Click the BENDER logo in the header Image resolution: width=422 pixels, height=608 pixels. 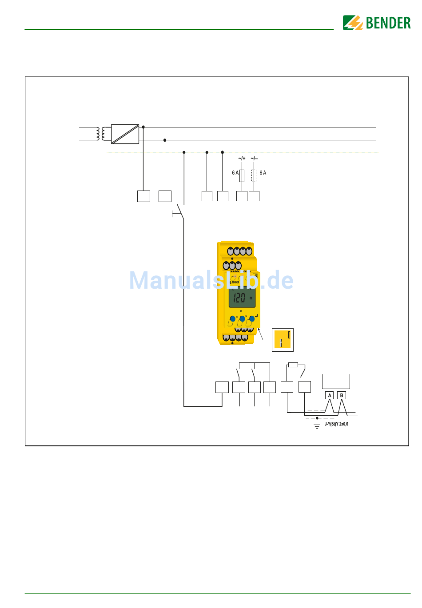click(377, 23)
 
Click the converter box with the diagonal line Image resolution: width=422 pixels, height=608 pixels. click(125, 134)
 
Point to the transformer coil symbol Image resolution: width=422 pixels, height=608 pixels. click(103, 134)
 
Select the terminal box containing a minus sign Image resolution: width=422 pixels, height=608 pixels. click(165, 196)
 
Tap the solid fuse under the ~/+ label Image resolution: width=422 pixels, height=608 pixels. click(242, 176)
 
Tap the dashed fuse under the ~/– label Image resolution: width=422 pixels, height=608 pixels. click(254, 176)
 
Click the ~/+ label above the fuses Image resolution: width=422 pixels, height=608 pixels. click(242, 158)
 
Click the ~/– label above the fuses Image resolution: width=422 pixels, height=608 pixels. click(254, 158)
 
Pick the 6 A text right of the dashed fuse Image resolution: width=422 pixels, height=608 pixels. click(263, 173)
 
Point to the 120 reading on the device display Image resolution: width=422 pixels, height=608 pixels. click(240, 298)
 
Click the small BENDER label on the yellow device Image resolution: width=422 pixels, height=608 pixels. click(235, 282)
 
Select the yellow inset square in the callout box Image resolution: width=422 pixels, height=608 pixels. click(282, 339)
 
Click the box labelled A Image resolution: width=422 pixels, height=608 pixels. click(329, 395)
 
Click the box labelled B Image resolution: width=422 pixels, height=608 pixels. click(341, 395)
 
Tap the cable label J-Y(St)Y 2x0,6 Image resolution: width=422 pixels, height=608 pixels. click(336, 424)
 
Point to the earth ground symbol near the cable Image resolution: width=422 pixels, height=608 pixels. click(317, 425)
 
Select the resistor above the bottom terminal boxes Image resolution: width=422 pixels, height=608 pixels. click(293, 365)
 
